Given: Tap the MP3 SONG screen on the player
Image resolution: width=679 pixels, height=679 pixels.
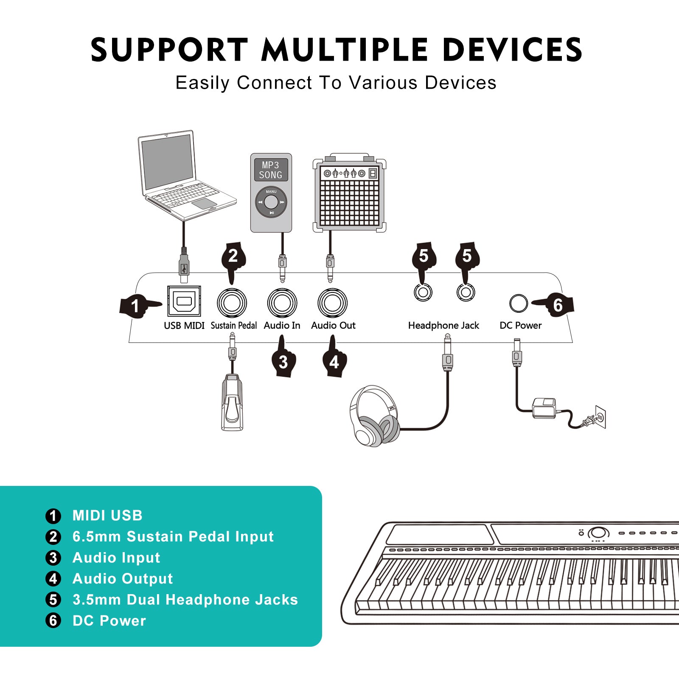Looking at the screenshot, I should (x=271, y=170).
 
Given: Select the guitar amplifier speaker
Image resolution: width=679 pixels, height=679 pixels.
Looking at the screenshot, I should (x=349, y=197).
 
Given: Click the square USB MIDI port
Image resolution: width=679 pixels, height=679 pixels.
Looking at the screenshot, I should (x=184, y=301).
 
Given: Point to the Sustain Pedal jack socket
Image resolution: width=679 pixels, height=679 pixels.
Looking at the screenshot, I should (x=232, y=303).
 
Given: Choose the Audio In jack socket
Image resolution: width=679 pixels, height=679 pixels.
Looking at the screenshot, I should (x=282, y=303).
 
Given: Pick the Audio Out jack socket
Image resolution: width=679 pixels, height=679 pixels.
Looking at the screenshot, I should (x=333, y=303).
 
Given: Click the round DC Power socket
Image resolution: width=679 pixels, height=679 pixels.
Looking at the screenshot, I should (x=518, y=303).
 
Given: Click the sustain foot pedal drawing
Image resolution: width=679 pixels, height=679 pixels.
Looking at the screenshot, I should (x=232, y=403).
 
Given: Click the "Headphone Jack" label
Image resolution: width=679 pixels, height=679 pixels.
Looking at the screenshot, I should (x=443, y=325).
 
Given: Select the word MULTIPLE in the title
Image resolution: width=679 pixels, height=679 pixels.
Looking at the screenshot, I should (x=344, y=50).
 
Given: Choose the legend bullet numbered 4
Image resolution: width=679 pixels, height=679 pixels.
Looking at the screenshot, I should (x=53, y=578).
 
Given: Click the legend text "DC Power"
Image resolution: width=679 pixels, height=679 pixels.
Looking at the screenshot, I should (x=109, y=621).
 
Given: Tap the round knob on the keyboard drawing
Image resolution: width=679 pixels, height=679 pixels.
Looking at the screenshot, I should (x=598, y=533).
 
